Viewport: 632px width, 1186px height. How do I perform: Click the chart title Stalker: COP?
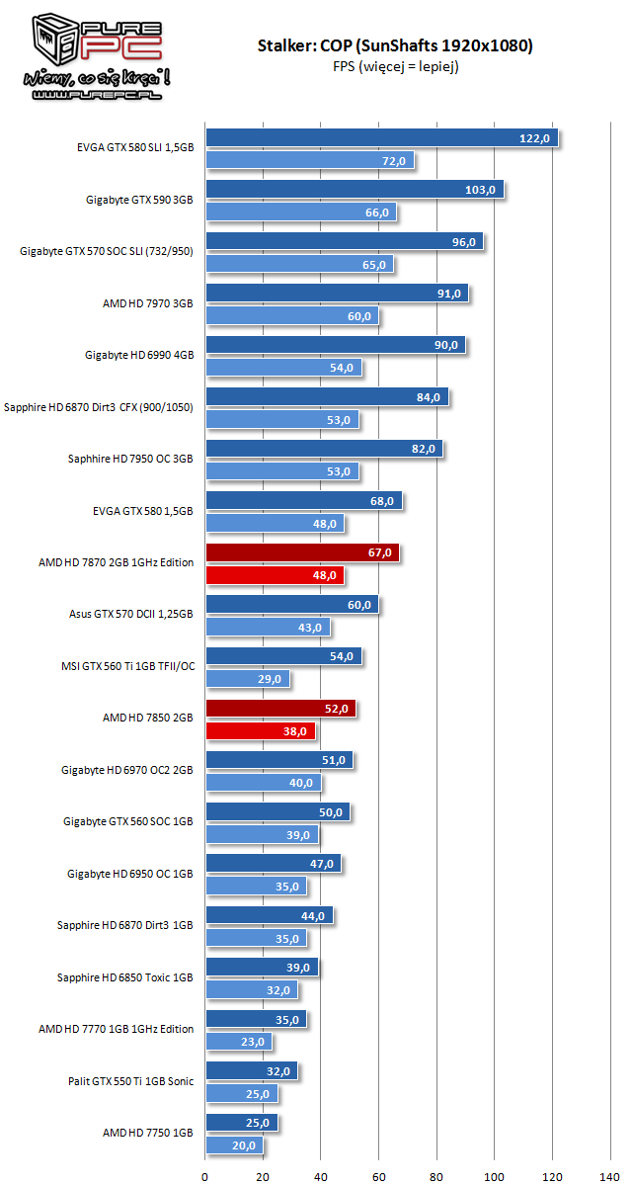point(395,45)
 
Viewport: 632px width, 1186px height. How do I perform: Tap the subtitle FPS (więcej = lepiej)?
point(395,66)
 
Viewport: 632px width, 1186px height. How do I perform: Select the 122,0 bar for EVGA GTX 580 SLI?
point(381,138)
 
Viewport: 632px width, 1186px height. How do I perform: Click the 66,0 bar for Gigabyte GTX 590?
point(300,212)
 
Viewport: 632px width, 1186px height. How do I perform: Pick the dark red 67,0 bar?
point(302,552)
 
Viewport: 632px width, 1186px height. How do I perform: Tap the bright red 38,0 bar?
point(261,731)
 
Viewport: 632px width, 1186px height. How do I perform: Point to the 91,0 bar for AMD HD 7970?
point(337,294)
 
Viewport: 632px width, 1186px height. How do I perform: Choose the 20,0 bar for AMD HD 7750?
point(234,1145)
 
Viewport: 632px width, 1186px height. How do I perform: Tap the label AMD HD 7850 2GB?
point(148,718)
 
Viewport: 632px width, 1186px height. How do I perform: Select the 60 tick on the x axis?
point(379,1175)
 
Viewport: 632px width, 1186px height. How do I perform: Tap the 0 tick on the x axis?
point(205,1175)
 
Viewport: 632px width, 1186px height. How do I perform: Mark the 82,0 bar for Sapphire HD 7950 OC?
point(324,449)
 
